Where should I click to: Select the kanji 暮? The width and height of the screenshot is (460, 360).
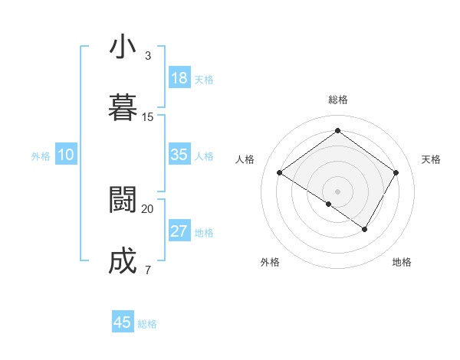(x=123, y=108)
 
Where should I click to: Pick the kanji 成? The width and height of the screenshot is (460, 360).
(x=123, y=261)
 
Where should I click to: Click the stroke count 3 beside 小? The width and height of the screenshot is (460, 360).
(x=147, y=56)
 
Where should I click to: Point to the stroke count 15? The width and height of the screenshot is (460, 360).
(x=148, y=117)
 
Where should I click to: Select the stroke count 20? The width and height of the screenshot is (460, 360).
(x=148, y=208)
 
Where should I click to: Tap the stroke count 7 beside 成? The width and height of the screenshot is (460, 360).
(x=147, y=270)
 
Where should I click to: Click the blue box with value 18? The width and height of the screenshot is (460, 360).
(x=179, y=78)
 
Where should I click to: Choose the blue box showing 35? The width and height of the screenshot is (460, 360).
(x=179, y=155)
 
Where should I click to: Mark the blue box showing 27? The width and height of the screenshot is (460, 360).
(x=179, y=231)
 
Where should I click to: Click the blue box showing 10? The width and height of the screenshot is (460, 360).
(x=66, y=155)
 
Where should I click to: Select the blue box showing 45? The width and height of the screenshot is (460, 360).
(x=123, y=322)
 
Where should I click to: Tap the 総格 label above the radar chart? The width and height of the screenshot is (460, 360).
(x=337, y=100)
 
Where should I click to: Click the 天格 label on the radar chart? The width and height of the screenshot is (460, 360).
(x=432, y=159)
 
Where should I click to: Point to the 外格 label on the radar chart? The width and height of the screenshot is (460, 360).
(x=270, y=262)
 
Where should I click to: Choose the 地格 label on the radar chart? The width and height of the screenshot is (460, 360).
(x=402, y=262)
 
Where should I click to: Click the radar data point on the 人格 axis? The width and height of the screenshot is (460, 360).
(x=280, y=173)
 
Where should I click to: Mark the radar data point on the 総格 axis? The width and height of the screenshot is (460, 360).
(x=337, y=131)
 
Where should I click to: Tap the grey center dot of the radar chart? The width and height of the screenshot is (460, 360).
(x=337, y=191)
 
